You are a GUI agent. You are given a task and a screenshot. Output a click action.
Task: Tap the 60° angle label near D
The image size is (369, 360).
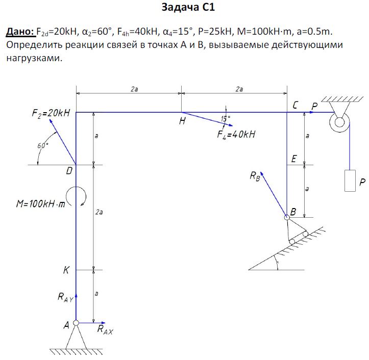point(43,145)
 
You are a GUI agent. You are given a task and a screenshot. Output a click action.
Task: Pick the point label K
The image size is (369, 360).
point(66,271)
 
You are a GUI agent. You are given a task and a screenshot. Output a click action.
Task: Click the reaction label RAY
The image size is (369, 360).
point(64,297)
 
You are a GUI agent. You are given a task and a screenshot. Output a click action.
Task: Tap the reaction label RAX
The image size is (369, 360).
point(105,330)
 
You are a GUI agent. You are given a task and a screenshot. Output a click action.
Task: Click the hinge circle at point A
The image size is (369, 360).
point(76,323)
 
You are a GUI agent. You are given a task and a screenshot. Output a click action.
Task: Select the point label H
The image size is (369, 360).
point(182,122)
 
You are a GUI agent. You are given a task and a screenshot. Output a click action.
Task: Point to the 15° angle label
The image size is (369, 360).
point(225,119)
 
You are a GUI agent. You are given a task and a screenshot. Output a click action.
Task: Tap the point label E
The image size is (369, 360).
point(293,160)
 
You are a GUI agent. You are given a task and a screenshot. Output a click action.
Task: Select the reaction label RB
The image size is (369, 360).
point(255,176)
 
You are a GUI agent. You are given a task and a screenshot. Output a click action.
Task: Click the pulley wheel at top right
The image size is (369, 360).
point(339,121)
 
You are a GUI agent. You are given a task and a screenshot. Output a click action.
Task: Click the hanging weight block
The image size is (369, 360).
point(350,180)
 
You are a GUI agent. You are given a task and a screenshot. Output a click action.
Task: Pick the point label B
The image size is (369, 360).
point(293,211)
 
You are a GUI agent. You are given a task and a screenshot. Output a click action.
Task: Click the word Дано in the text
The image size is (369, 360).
point(19,32)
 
